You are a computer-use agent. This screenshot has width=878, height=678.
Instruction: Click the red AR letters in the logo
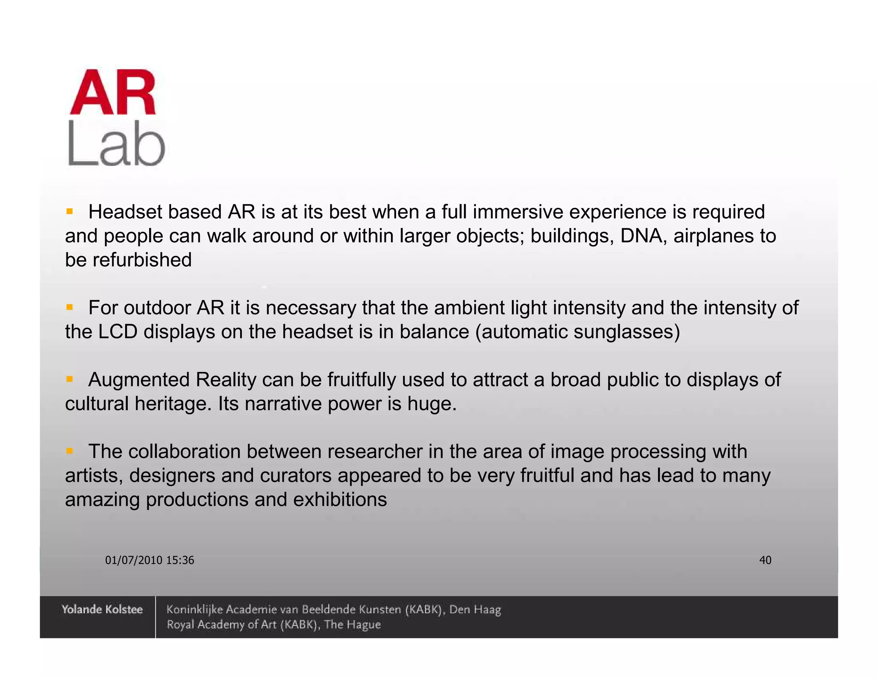point(113,92)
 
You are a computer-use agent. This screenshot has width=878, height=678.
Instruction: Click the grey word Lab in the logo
point(116,144)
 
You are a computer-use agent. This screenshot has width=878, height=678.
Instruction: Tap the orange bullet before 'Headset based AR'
point(69,211)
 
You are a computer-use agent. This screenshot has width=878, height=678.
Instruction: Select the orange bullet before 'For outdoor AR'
point(69,307)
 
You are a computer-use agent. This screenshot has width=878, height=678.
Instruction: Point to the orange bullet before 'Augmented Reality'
point(69,379)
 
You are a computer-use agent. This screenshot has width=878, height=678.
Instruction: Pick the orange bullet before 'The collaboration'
point(69,451)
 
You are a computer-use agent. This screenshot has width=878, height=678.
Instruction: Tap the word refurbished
point(142,260)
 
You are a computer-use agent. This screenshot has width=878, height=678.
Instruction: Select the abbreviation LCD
point(118,332)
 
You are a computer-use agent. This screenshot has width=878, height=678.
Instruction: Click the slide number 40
point(765,560)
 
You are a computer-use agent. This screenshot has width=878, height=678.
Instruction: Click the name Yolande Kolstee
point(102,609)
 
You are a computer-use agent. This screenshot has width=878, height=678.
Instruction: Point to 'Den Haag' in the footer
point(475,609)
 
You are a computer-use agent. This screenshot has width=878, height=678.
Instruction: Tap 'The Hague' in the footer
point(352,624)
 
